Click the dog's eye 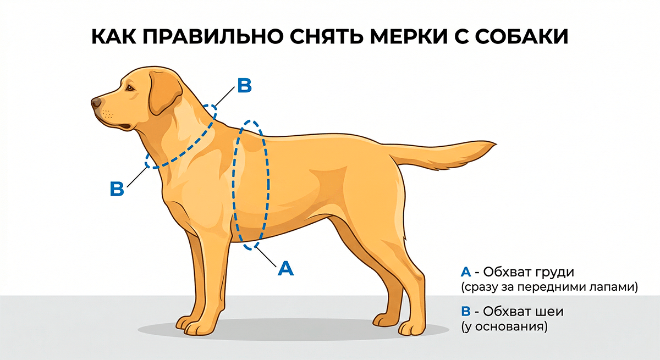coord(129,86)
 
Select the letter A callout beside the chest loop coord(285,268)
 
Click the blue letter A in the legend coord(465,272)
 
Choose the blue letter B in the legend coord(465,312)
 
